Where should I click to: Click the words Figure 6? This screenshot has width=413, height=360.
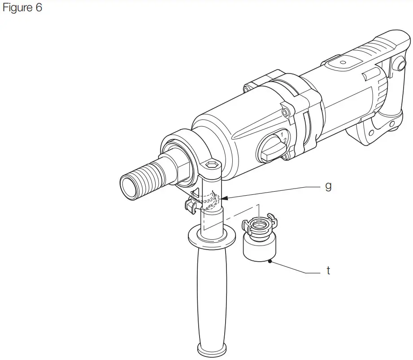pyautogui.click(x=22, y=8)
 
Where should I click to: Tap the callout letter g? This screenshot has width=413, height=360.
pyautogui.click(x=328, y=186)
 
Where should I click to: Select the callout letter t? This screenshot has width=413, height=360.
pyautogui.click(x=328, y=271)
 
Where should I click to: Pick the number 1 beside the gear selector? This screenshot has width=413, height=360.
pyautogui.click(x=281, y=134)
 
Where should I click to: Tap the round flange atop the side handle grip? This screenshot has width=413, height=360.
pyautogui.click(x=211, y=237)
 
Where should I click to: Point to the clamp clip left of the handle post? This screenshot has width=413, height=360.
pyautogui.click(x=191, y=205)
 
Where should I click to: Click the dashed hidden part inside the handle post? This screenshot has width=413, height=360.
pyautogui.click(x=210, y=200)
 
